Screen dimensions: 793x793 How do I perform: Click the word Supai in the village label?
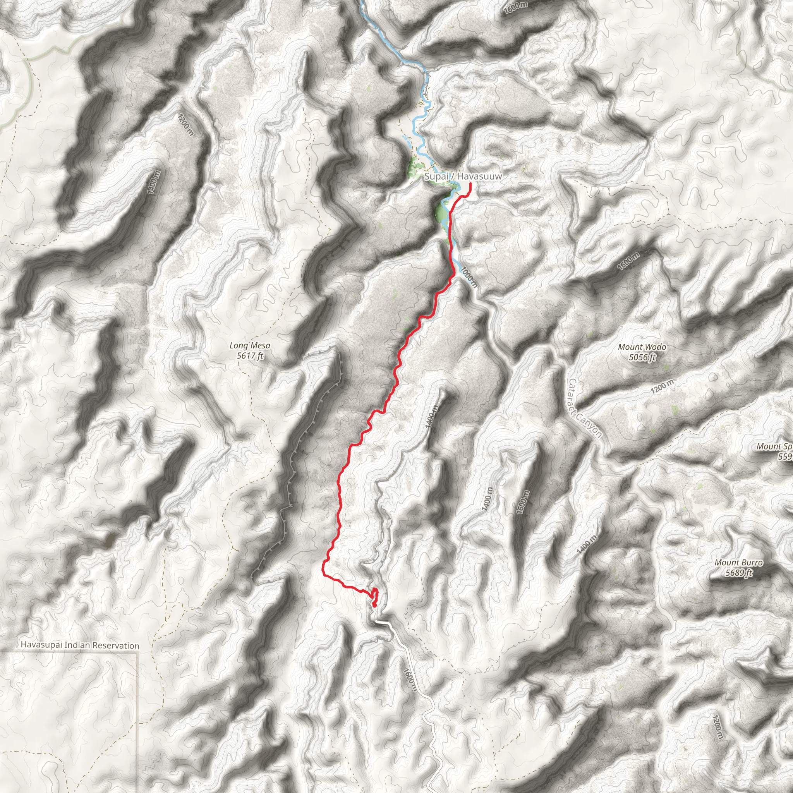436,177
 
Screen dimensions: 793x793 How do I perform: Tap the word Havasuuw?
480,177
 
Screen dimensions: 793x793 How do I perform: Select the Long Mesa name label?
250,346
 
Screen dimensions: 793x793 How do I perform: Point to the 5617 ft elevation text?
250,356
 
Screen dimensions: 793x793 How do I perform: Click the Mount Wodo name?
642,347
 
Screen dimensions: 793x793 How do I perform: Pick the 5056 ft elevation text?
642,357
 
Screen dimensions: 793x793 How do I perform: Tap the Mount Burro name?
738,563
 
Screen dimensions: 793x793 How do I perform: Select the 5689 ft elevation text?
738,573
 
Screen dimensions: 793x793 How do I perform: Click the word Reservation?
116,645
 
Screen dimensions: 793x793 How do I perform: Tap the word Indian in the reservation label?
77,645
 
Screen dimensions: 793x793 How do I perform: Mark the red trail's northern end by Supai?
470,184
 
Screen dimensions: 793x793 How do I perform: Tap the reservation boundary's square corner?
137,651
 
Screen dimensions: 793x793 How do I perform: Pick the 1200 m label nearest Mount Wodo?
662,387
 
